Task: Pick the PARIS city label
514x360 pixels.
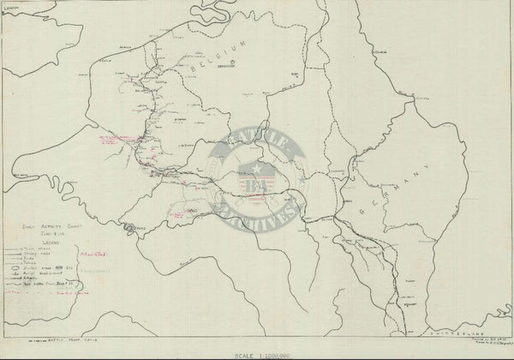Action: click(x=129, y=229)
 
